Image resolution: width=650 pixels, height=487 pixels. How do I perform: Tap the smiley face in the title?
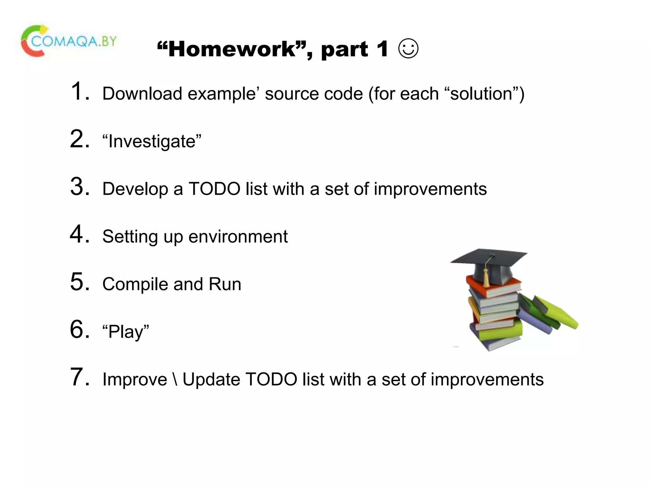point(408,49)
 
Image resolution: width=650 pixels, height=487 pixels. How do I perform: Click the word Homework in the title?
point(232,49)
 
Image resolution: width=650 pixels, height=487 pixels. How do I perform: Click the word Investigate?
point(152,141)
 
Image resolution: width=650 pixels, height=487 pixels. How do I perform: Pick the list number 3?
point(79,186)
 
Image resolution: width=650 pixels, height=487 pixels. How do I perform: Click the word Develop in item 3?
point(135,189)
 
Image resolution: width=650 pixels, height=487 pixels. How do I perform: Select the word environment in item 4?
point(238,237)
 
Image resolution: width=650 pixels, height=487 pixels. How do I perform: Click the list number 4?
point(79,234)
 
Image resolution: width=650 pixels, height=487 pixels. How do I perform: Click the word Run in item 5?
point(225,284)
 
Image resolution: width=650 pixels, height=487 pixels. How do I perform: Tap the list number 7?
point(79,377)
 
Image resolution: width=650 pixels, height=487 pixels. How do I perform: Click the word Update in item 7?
point(211,380)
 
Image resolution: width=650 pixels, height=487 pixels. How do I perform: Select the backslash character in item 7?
point(175,380)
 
